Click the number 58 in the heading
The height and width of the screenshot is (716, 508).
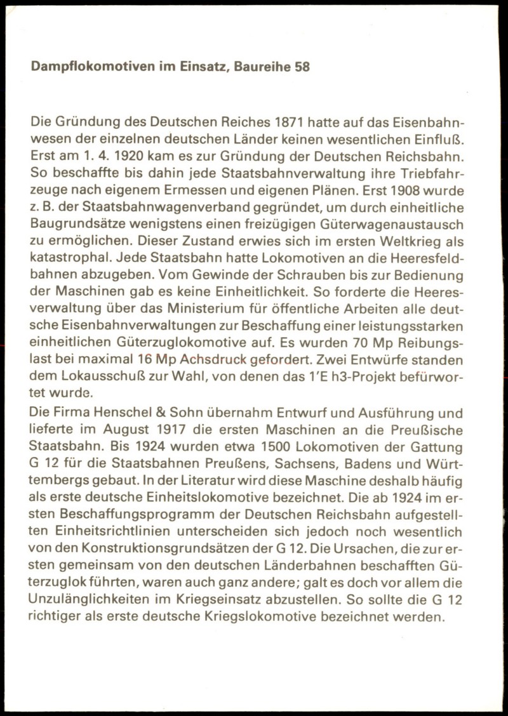pos(302,66)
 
